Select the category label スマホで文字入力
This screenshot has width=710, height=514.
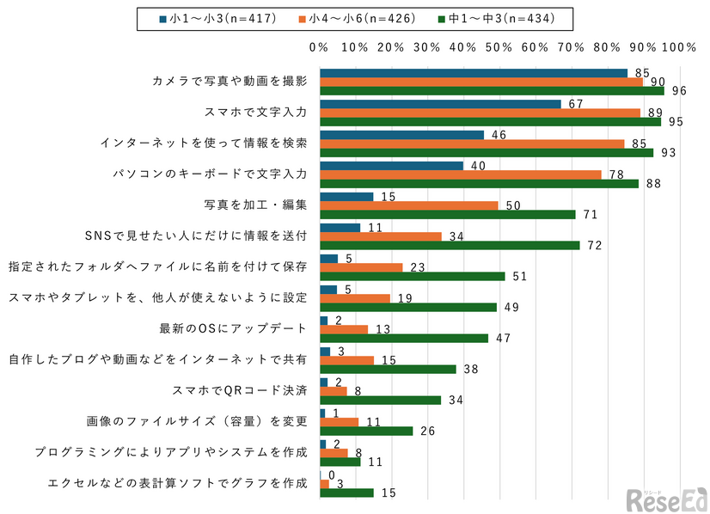coord(255,112)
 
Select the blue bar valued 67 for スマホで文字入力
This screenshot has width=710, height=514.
coord(439,104)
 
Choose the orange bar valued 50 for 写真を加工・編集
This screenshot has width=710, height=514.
coord(409,205)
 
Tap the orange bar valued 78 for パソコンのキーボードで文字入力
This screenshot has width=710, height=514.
coord(460,174)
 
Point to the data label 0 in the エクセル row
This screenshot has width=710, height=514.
coord(330,474)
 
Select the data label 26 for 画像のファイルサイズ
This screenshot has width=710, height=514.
coord(427,431)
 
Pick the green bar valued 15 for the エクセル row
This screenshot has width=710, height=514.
coord(346,493)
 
